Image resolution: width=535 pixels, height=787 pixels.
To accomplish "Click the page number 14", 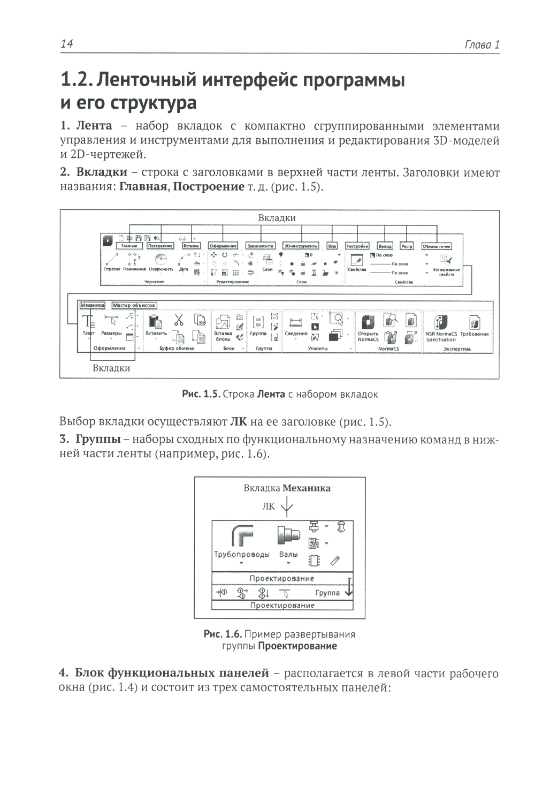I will (x=67, y=44).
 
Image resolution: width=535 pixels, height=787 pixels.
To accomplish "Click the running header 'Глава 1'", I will (x=482, y=44).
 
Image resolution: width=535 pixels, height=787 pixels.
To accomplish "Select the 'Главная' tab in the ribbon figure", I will (x=129, y=246).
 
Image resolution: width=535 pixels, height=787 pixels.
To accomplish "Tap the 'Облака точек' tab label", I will (x=437, y=246).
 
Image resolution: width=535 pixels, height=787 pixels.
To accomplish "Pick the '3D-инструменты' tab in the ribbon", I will (x=301, y=246).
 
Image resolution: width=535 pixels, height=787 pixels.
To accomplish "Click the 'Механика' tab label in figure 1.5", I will (x=92, y=305).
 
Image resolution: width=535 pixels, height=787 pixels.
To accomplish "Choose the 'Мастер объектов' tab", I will (x=134, y=305).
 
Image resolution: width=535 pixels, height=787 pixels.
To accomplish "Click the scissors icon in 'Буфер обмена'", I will (x=178, y=320).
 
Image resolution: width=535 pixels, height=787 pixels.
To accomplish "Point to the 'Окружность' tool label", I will (x=161, y=269).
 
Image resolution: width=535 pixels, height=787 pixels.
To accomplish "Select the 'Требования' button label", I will (x=474, y=334).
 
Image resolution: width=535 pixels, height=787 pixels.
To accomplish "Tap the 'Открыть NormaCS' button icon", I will (x=368, y=322).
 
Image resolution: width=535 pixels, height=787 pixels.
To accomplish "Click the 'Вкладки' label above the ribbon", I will (x=277, y=218).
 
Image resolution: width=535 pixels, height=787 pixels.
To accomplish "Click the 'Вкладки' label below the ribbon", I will (x=111, y=368).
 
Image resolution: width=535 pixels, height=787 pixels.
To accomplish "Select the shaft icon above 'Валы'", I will (x=289, y=534).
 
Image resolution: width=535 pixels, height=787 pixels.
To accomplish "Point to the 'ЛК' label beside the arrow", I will (x=269, y=506).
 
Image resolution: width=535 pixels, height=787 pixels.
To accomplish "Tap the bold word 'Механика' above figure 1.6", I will (x=307, y=488).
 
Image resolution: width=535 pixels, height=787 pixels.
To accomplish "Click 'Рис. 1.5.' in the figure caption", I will (x=201, y=395).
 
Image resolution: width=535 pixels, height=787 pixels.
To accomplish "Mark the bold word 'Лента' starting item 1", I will (x=94, y=126).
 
